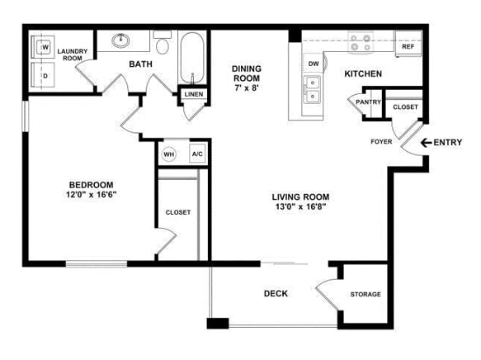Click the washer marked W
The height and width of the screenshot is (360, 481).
coord(43,47)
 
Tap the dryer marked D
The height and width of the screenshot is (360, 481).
coord(43,75)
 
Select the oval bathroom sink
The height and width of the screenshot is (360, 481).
coord(120,40)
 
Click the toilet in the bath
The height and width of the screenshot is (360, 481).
coord(163,42)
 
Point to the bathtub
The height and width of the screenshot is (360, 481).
coord(192,58)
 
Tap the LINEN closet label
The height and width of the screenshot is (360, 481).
coord(194,94)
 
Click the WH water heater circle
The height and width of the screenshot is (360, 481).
coord(168,154)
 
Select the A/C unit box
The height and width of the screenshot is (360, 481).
coord(197,154)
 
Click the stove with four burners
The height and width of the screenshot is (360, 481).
coord(361,42)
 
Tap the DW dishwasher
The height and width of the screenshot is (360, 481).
coord(314,64)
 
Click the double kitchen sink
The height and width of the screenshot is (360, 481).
coord(312,90)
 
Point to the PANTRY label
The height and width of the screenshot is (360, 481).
coord(369,102)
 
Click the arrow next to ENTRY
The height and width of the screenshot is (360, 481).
coord(426,142)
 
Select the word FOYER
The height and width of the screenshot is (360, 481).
coord(381,141)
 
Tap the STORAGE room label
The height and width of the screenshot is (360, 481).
coord(365,294)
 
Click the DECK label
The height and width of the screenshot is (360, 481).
coord(276,294)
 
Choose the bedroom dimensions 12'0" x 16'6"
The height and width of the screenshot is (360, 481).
coord(92,195)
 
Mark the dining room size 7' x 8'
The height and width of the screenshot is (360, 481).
coord(247,88)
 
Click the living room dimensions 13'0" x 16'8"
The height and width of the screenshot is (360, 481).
coord(300,206)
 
